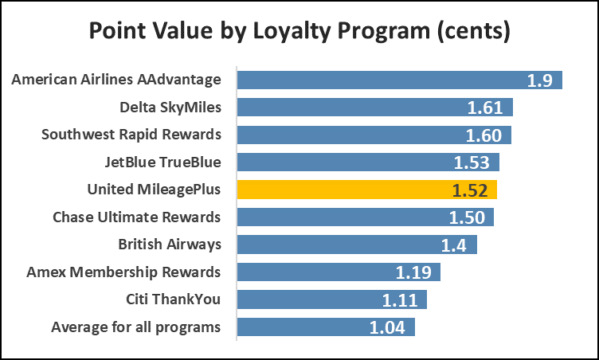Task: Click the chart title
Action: (x=299, y=33)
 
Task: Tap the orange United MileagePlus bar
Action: (x=367, y=190)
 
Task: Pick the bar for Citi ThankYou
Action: (x=332, y=299)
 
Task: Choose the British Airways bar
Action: (x=357, y=245)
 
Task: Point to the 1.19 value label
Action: (x=413, y=272)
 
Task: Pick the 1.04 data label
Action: (x=388, y=327)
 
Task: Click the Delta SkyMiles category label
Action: (x=170, y=107)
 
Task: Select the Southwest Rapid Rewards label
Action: (x=131, y=134)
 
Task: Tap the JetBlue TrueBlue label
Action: (x=162, y=162)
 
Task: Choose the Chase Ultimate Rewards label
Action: (x=136, y=217)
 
